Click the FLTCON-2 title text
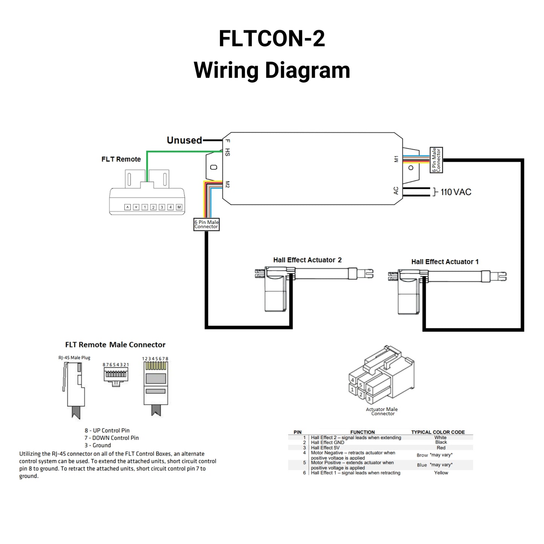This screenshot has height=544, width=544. pyautogui.click(x=271, y=38)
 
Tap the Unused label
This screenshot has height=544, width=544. pyautogui.click(x=184, y=140)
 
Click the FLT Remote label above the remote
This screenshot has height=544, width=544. pyautogui.click(x=121, y=159)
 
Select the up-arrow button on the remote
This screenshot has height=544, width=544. pyautogui.click(x=127, y=207)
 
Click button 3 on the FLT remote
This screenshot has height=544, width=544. pyautogui.click(x=162, y=207)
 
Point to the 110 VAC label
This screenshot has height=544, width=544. pyautogui.click(x=456, y=192)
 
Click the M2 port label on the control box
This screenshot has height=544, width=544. pyautogui.click(x=227, y=184)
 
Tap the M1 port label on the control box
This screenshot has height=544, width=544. pyautogui.click(x=396, y=159)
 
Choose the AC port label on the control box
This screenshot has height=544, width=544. pyautogui.click(x=396, y=191)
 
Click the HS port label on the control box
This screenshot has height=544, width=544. pyautogui.click(x=227, y=152)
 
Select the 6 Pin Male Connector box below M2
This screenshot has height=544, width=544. pyautogui.click(x=206, y=224)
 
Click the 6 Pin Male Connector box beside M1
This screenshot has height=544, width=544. pyautogui.click(x=436, y=160)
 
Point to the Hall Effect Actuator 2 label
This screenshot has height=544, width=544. pyautogui.click(x=307, y=260)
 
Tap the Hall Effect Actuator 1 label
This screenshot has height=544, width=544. pyautogui.click(x=445, y=262)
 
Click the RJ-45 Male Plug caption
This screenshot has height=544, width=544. pyautogui.click(x=74, y=358)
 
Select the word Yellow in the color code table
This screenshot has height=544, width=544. pyautogui.click(x=441, y=473)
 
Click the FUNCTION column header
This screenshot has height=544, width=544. pyautogui.click(x=362, y=432)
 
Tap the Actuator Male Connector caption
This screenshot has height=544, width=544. pyautogui.click(x=382, y=411)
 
